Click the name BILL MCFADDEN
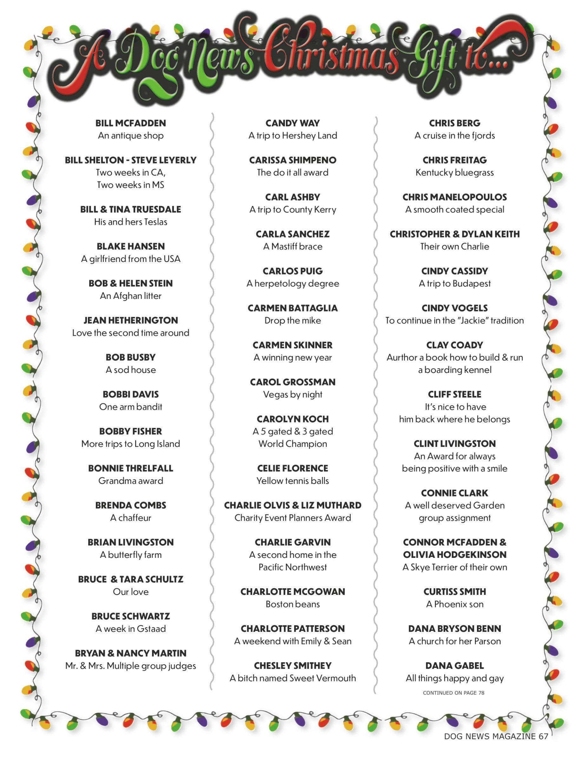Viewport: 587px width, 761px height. click(130, 123)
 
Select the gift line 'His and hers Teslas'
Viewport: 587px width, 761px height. click(130, 222)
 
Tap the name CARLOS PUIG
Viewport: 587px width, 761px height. click(293, 271)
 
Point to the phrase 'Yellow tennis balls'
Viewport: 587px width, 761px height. click(293, 480)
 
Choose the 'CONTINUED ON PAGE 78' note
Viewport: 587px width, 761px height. click(453, 693)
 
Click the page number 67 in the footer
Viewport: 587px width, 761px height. click(543, 736)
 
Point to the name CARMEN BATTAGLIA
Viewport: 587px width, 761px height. click(293, 308)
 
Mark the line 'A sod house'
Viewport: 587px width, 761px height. click(130, 370)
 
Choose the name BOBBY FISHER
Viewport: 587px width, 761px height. click(130, 431)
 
